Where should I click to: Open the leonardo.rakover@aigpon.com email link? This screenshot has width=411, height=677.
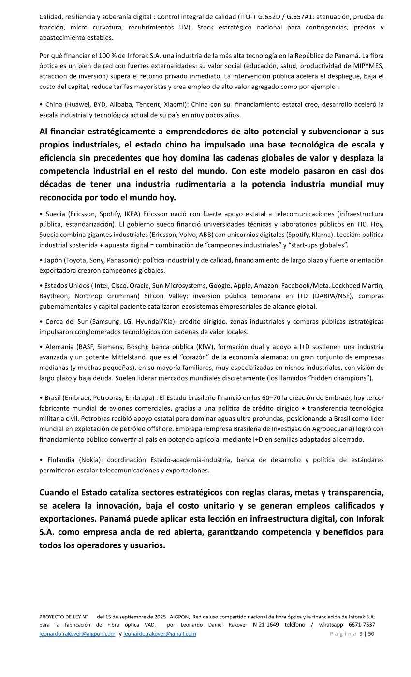click(77, 634)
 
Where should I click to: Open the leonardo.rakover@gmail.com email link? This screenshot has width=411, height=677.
click(160, 634)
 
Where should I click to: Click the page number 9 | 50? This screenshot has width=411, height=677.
click(367, 634)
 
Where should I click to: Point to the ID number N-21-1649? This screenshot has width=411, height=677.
click(266, 625)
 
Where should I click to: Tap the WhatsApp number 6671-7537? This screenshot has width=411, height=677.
click(362, 625)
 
